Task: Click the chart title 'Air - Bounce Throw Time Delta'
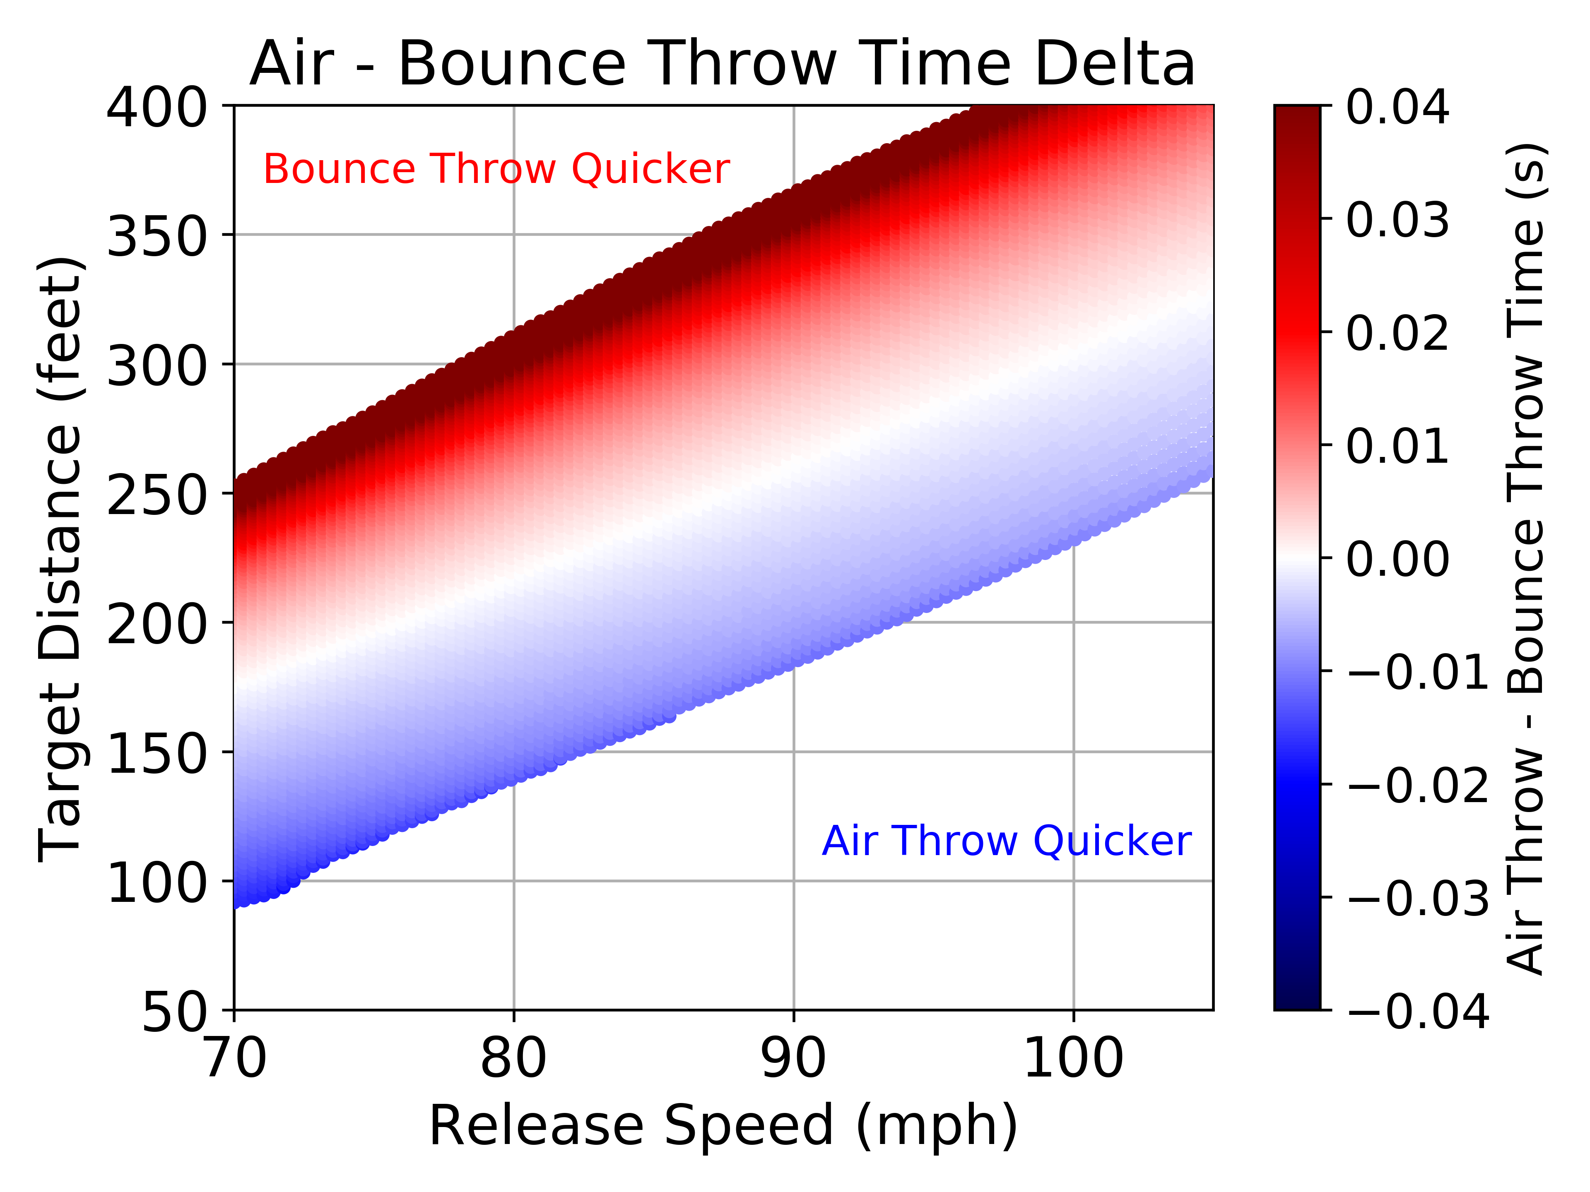(723, 65)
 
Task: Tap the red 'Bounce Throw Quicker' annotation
(496, 170)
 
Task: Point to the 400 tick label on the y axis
(157, 109)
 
